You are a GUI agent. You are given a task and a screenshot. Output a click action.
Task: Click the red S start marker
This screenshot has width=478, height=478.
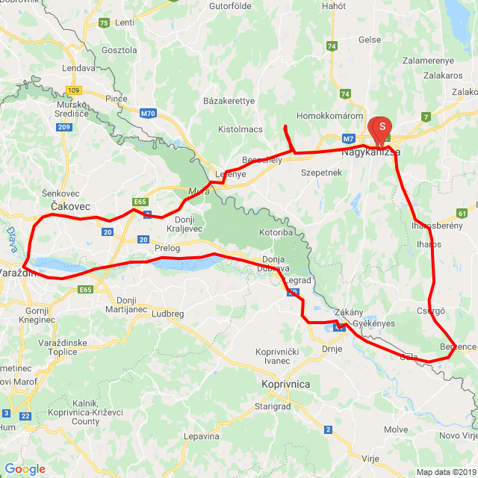382,128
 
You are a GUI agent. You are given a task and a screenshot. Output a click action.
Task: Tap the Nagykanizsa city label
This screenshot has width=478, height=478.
370,152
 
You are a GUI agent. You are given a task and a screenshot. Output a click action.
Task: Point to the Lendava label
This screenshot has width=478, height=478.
80,67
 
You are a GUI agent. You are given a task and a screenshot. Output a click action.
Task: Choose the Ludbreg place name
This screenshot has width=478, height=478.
167,314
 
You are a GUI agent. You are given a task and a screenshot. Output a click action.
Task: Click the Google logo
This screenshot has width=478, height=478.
25,469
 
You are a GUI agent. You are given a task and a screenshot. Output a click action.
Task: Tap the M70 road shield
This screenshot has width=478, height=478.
149,114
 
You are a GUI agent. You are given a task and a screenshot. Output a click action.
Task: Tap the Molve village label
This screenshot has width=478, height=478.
395,429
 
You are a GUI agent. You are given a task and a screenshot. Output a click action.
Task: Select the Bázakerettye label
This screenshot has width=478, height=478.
229,101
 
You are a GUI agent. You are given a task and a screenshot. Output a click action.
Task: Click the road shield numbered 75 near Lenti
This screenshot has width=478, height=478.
104,23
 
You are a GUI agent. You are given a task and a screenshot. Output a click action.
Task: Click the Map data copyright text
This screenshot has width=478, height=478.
447,472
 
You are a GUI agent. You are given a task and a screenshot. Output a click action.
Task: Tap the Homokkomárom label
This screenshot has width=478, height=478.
329,116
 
